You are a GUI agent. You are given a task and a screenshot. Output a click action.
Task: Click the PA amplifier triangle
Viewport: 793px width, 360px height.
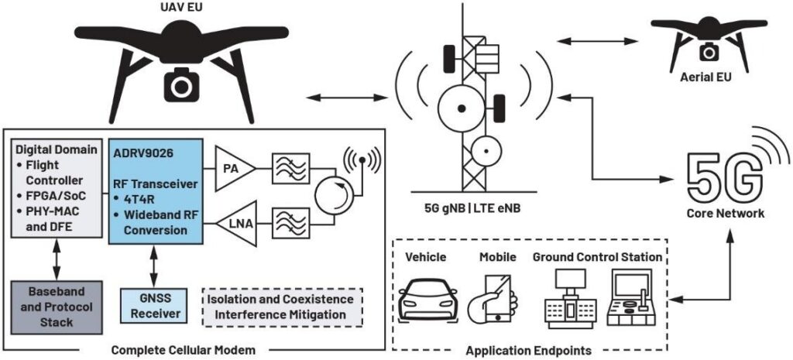click(x=234, y=168)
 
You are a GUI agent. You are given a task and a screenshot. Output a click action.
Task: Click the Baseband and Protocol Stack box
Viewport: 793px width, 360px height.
click(x=57, y=307)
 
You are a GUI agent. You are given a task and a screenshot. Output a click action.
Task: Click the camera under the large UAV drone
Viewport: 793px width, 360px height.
click(x=180, y=87)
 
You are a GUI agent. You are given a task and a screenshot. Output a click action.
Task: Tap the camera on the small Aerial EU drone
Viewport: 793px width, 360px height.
click(x=709, y=51)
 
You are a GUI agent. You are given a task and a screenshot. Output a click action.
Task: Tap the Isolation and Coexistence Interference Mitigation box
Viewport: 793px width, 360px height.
click(x=283, y=307)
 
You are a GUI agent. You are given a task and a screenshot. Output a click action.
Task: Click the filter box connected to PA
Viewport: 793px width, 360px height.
click(x=290, y=167)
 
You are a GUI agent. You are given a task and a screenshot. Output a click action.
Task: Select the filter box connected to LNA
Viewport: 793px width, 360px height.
click(x=290, y=223)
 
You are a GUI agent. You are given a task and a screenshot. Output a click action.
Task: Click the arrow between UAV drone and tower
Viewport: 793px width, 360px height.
click(x=341, y=97)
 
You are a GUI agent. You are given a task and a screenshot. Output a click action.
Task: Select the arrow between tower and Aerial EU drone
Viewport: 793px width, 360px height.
click(x=597, y=41)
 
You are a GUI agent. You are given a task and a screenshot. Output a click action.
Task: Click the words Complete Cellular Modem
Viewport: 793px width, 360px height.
click(x=184, y=350)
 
